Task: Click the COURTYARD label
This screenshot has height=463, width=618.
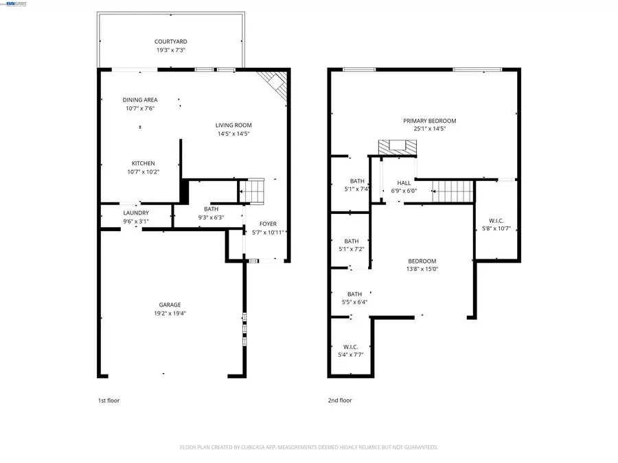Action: pos(170,41)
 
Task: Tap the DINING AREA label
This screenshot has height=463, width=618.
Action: pos(140,100)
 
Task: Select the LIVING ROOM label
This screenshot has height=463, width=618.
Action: pos(233,125)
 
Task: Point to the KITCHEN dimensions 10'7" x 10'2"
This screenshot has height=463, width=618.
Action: pos(143,172)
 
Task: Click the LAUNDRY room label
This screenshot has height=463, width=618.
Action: pos(135,213)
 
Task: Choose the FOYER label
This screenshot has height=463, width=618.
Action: pos(268,224)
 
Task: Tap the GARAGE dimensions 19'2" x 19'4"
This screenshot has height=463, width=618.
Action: pos(170,313)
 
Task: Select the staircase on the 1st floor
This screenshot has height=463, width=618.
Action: pos(255,191)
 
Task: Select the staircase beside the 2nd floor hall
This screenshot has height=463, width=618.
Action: pos(453,191)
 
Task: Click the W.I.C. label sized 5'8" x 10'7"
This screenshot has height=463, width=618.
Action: pos(496,220)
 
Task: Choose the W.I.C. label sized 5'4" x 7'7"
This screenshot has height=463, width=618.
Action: pos(350,346)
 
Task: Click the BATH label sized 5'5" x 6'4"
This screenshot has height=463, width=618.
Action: pos(354,294)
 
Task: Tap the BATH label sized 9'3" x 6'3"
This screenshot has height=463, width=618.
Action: pos(211,209)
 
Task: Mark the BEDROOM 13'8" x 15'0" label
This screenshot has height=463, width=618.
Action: pos(422,261)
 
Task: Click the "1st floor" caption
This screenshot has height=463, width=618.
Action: pos(108,401)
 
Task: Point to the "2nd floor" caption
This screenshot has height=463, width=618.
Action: pos(340,401)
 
